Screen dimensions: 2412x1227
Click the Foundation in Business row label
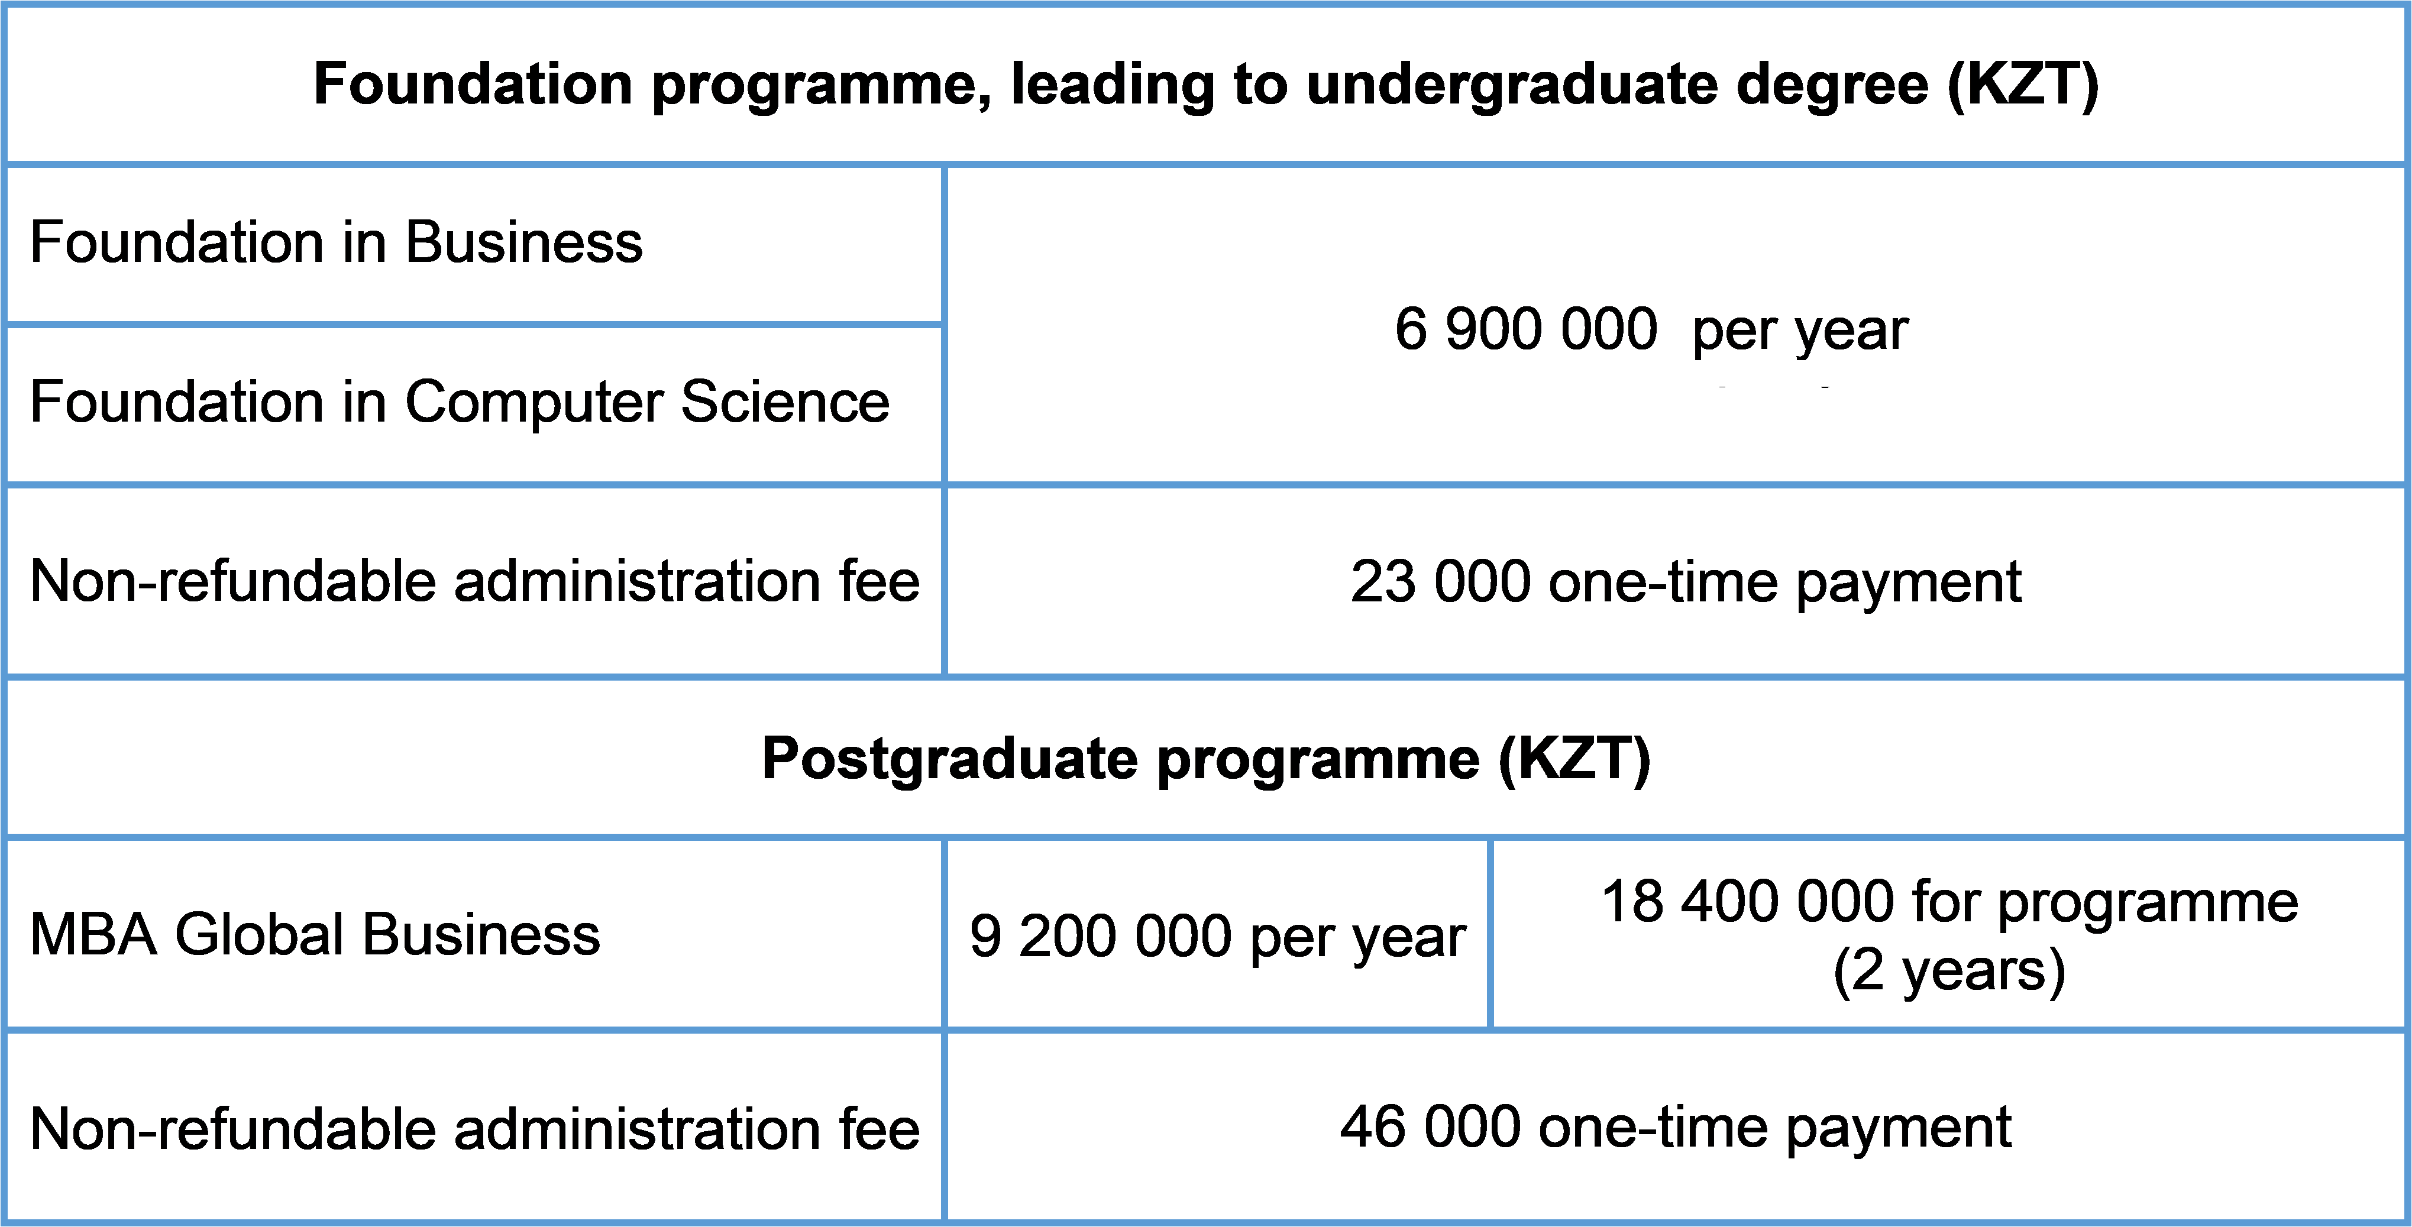coord(336,242)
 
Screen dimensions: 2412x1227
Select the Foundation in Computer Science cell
coord(460,403)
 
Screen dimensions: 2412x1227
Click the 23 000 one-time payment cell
coord(1686,582)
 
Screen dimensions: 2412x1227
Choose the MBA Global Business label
coord(315,934)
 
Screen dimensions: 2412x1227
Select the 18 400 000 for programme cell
coord(1949,936)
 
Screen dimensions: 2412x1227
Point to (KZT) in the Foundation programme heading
coord(2023,85)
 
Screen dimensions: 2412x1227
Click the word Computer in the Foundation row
coord(534,403)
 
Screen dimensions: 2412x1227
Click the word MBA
coord(93,934)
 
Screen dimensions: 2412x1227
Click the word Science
coord(785,403)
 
